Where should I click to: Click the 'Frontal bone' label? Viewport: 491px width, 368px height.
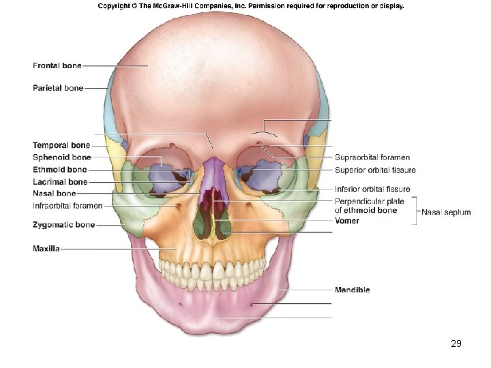click(57, 66)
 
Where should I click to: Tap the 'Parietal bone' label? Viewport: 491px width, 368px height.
click(58, 88)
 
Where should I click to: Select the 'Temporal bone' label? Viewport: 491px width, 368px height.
click(61, 145)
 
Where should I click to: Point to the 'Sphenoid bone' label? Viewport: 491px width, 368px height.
click(61, 157)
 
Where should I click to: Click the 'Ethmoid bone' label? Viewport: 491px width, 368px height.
click(60, 170)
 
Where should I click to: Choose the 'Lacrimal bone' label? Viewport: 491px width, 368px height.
click(60, 182)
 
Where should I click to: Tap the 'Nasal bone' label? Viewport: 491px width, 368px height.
click(55, 194)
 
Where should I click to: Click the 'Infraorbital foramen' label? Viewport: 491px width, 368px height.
click(68, 205)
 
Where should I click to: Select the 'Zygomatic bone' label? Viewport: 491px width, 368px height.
click(63, 224)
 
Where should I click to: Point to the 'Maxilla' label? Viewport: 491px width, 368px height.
click(46, 249)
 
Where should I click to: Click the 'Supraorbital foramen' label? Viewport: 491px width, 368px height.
click(372, 157)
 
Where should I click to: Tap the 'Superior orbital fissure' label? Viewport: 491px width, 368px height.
click(375, 170)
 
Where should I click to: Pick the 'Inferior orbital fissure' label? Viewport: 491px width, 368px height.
click(372, 189)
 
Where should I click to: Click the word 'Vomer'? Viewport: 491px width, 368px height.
click(347, 221)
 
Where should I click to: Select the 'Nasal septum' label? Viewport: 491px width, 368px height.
click(446, 212)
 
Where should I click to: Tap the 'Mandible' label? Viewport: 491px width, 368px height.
click(353, 290)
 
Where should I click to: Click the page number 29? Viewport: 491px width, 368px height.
click(456, 343)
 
